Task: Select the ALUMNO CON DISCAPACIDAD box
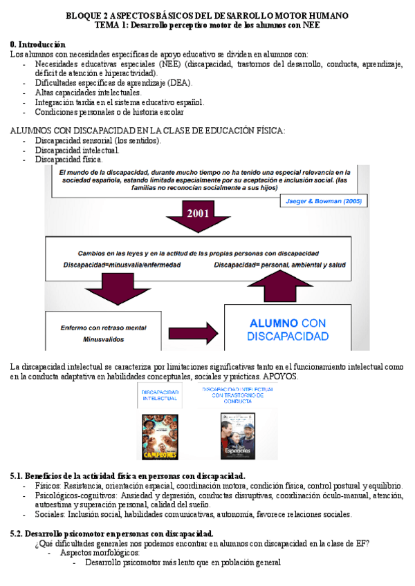(287, 329)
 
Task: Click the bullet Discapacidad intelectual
(77, 150)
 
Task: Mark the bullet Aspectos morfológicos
(100, 553)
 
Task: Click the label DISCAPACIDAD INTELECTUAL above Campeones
(160, 395)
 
